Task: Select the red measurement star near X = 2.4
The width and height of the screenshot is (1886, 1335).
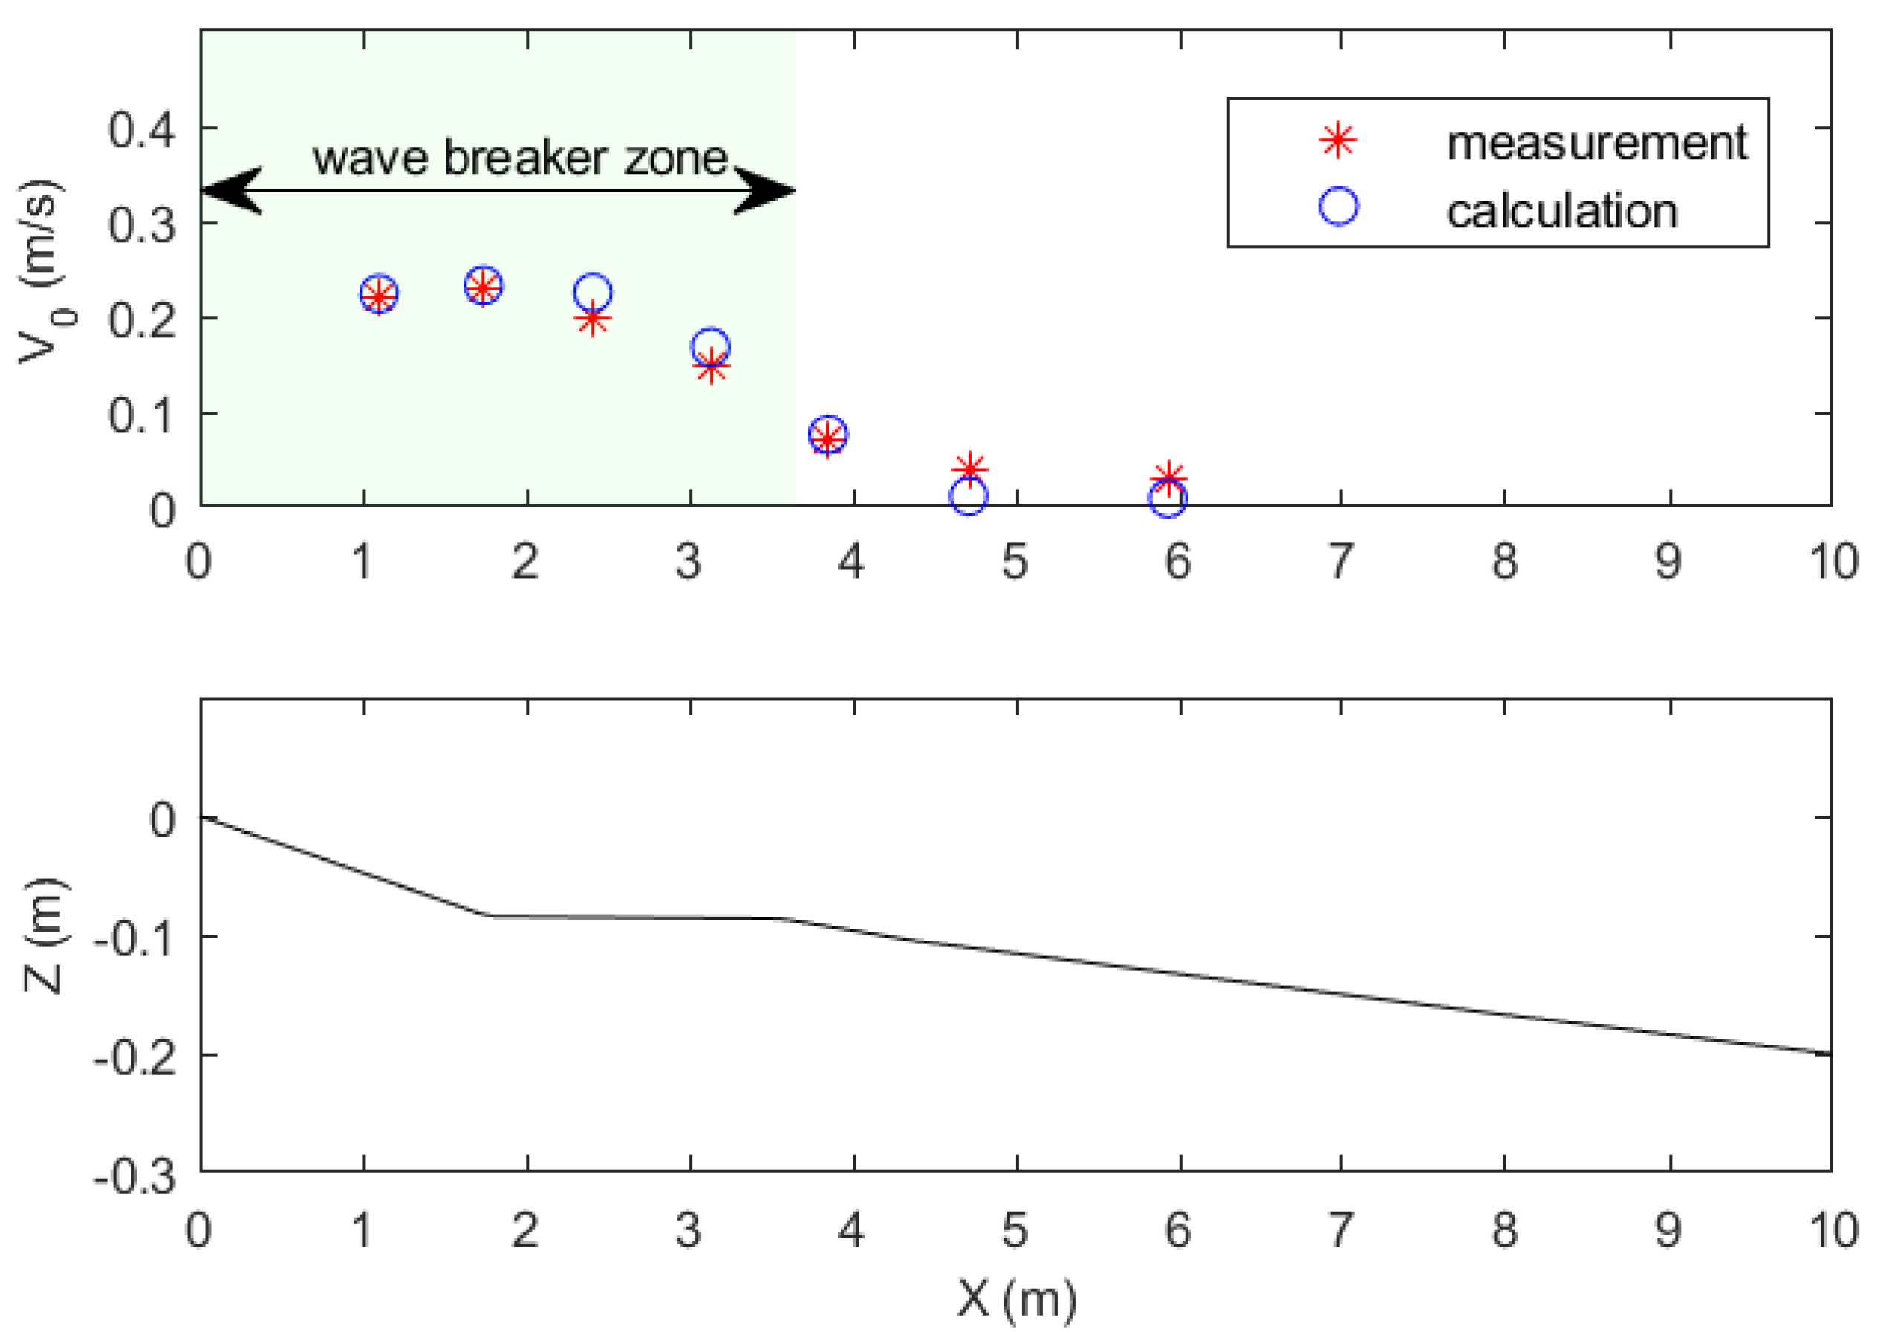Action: [593, 319]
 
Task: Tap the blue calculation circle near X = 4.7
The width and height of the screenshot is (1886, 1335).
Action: [968, 496]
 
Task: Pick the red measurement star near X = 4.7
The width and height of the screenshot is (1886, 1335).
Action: [969, 470]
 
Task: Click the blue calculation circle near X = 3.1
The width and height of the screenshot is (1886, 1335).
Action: [711, 346]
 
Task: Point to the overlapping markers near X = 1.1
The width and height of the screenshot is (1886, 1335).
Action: [379, 294]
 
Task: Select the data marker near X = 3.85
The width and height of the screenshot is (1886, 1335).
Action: [828, 435]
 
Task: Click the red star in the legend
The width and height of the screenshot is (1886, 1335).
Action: [1338, 141]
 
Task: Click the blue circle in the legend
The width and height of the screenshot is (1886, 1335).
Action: [1339, 207]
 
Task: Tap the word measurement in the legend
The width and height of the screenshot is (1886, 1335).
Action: [1597, 144]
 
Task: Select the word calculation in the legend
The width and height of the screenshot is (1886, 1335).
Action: [1561, 212]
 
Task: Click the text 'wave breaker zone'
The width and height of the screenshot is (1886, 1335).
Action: [519, 157]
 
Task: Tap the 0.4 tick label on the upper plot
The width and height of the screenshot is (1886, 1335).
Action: [141, 130]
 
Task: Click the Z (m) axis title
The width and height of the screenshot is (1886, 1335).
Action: [43, 936]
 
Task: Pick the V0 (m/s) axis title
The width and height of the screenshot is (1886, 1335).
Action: [41, 270]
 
